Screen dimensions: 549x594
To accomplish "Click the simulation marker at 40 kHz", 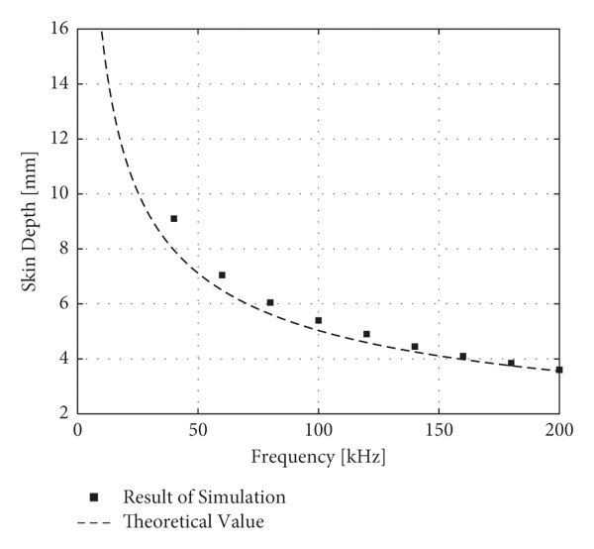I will (x=174, y=219).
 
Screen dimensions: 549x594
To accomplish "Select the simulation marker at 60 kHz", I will (x=222, y=275).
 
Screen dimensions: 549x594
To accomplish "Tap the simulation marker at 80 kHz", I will (x=270, y=303).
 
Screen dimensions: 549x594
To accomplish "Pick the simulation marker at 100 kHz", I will (x=318, y=321).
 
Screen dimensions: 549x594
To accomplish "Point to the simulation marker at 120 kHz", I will (x=366, y=335).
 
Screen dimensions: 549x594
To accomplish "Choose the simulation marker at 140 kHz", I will (x=415, y=347).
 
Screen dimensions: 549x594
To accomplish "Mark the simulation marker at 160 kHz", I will (x=462, y=357).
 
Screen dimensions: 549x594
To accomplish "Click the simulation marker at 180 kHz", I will (x=511, y=363).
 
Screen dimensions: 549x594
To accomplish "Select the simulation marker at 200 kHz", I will (x=559, y=370).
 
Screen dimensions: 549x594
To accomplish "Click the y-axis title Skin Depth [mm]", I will (x=30, y=221).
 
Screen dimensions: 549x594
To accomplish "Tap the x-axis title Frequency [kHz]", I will (x=318, y=458).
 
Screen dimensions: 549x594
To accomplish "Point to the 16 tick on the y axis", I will (x=58, y=29).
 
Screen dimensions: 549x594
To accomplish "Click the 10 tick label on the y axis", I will (x=58, y=194).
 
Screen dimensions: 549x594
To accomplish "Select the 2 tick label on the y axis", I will (x=62, y=414).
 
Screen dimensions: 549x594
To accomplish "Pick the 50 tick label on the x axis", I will (x=197, y=431).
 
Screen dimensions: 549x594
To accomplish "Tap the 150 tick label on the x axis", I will (x=439, y=431).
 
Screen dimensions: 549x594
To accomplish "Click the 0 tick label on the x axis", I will (x=77, y=431).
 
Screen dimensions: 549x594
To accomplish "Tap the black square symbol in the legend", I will (x=93, y=496).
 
